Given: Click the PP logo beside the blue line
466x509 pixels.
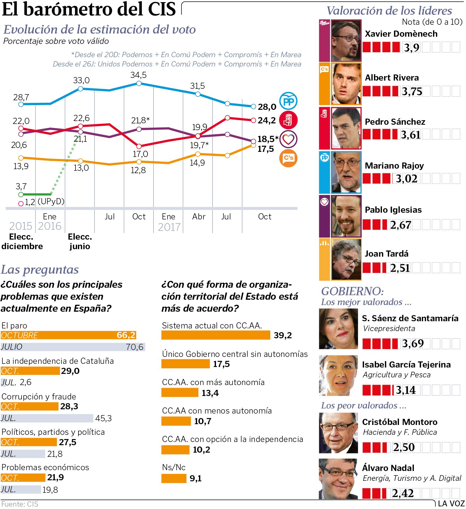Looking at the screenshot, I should click(288, 101).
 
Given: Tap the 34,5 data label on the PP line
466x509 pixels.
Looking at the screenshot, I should click(138, 75).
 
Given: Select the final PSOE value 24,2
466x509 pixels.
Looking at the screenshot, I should click(267, 120).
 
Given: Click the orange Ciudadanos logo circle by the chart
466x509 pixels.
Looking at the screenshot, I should click(288, 158).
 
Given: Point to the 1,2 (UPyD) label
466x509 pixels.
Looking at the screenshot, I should click(44, 202).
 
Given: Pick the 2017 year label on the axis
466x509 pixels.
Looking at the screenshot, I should click(169, 227).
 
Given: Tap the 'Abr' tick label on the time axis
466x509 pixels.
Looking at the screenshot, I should click(199, 217).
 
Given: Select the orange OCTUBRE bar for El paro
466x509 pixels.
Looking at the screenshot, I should click(68, 335).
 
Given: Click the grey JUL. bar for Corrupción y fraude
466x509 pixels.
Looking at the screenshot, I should click(47, 418).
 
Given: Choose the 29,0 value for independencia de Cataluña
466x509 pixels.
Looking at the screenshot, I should click(70, 371).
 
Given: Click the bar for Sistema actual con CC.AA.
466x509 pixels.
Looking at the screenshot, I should click(216, 335).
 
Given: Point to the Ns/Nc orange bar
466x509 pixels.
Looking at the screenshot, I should click(174, 478).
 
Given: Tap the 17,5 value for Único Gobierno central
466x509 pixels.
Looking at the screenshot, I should click(221, 364).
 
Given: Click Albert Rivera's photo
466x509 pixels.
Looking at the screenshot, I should click(346, 84).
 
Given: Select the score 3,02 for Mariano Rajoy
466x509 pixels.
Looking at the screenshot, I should click(406, 179).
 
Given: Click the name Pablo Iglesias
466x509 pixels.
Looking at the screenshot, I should click(393, 210).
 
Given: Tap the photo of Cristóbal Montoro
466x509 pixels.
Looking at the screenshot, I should click(338, 433).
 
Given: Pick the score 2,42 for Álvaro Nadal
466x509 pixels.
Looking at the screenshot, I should click(403, 493).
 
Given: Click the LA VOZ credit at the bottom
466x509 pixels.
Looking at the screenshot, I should click(451, 503).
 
